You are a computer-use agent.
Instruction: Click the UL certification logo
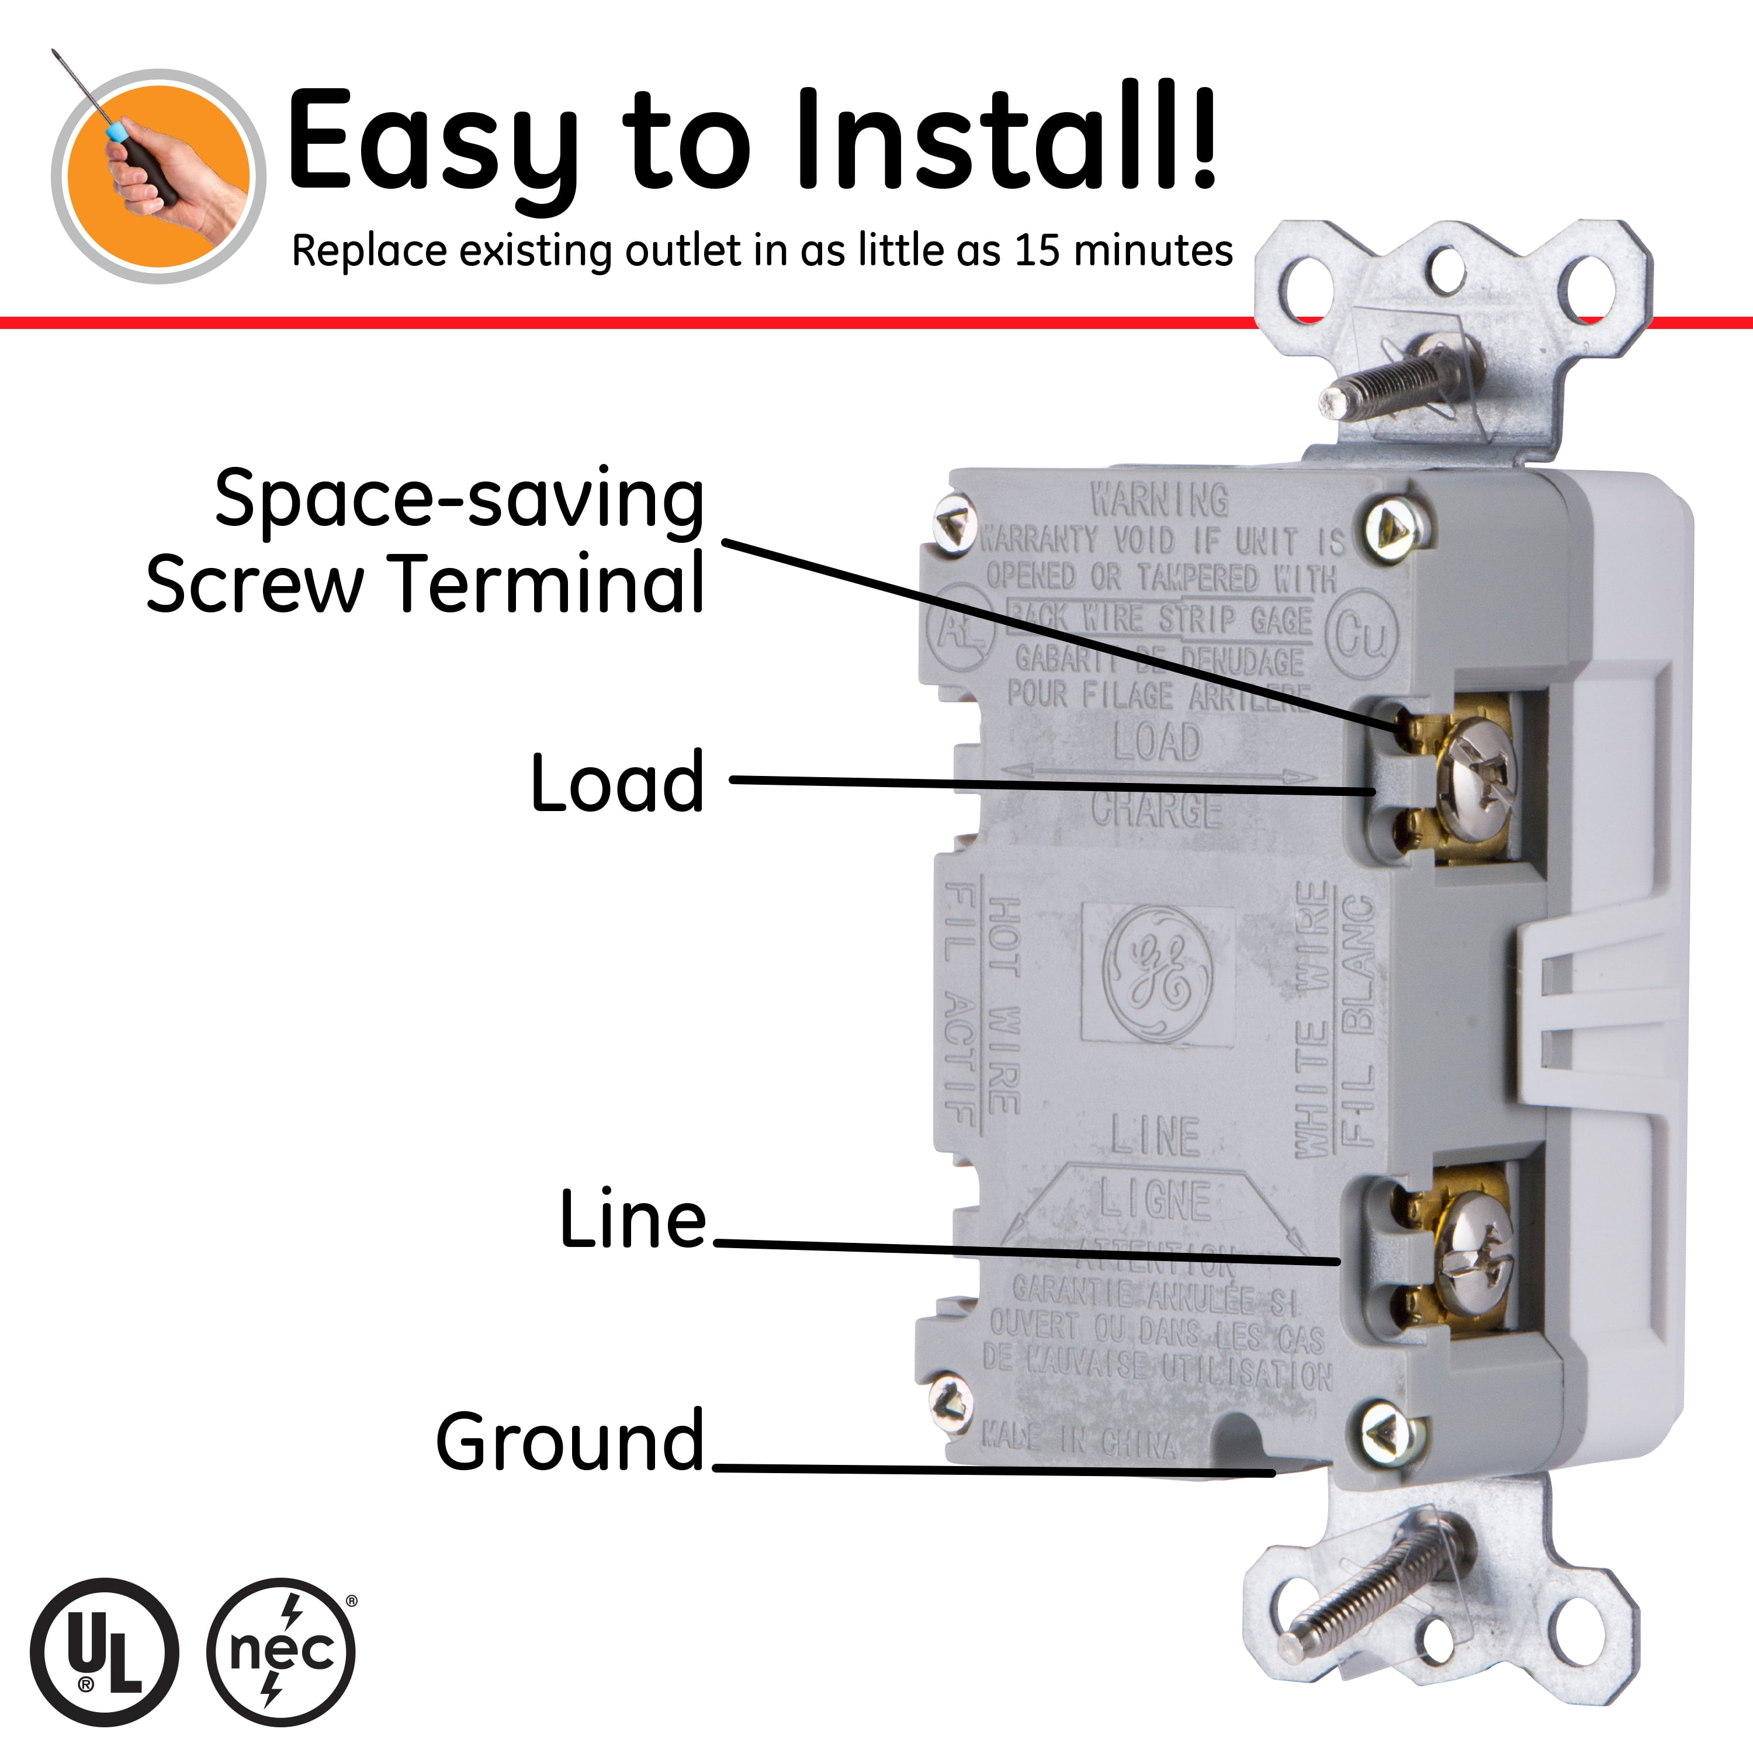click(105, 1651)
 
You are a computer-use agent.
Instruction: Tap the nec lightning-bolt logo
click(281, 1651)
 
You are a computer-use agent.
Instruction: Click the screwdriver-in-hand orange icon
click(159, 176)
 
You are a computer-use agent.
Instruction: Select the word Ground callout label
click(570, 1441)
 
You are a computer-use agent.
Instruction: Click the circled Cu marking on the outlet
click(1361, 635)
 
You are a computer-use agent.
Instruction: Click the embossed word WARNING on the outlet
click(1159, 499)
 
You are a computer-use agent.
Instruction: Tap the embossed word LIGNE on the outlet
click(1155, 1200)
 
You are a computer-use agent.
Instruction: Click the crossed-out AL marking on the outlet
click(960, 629)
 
